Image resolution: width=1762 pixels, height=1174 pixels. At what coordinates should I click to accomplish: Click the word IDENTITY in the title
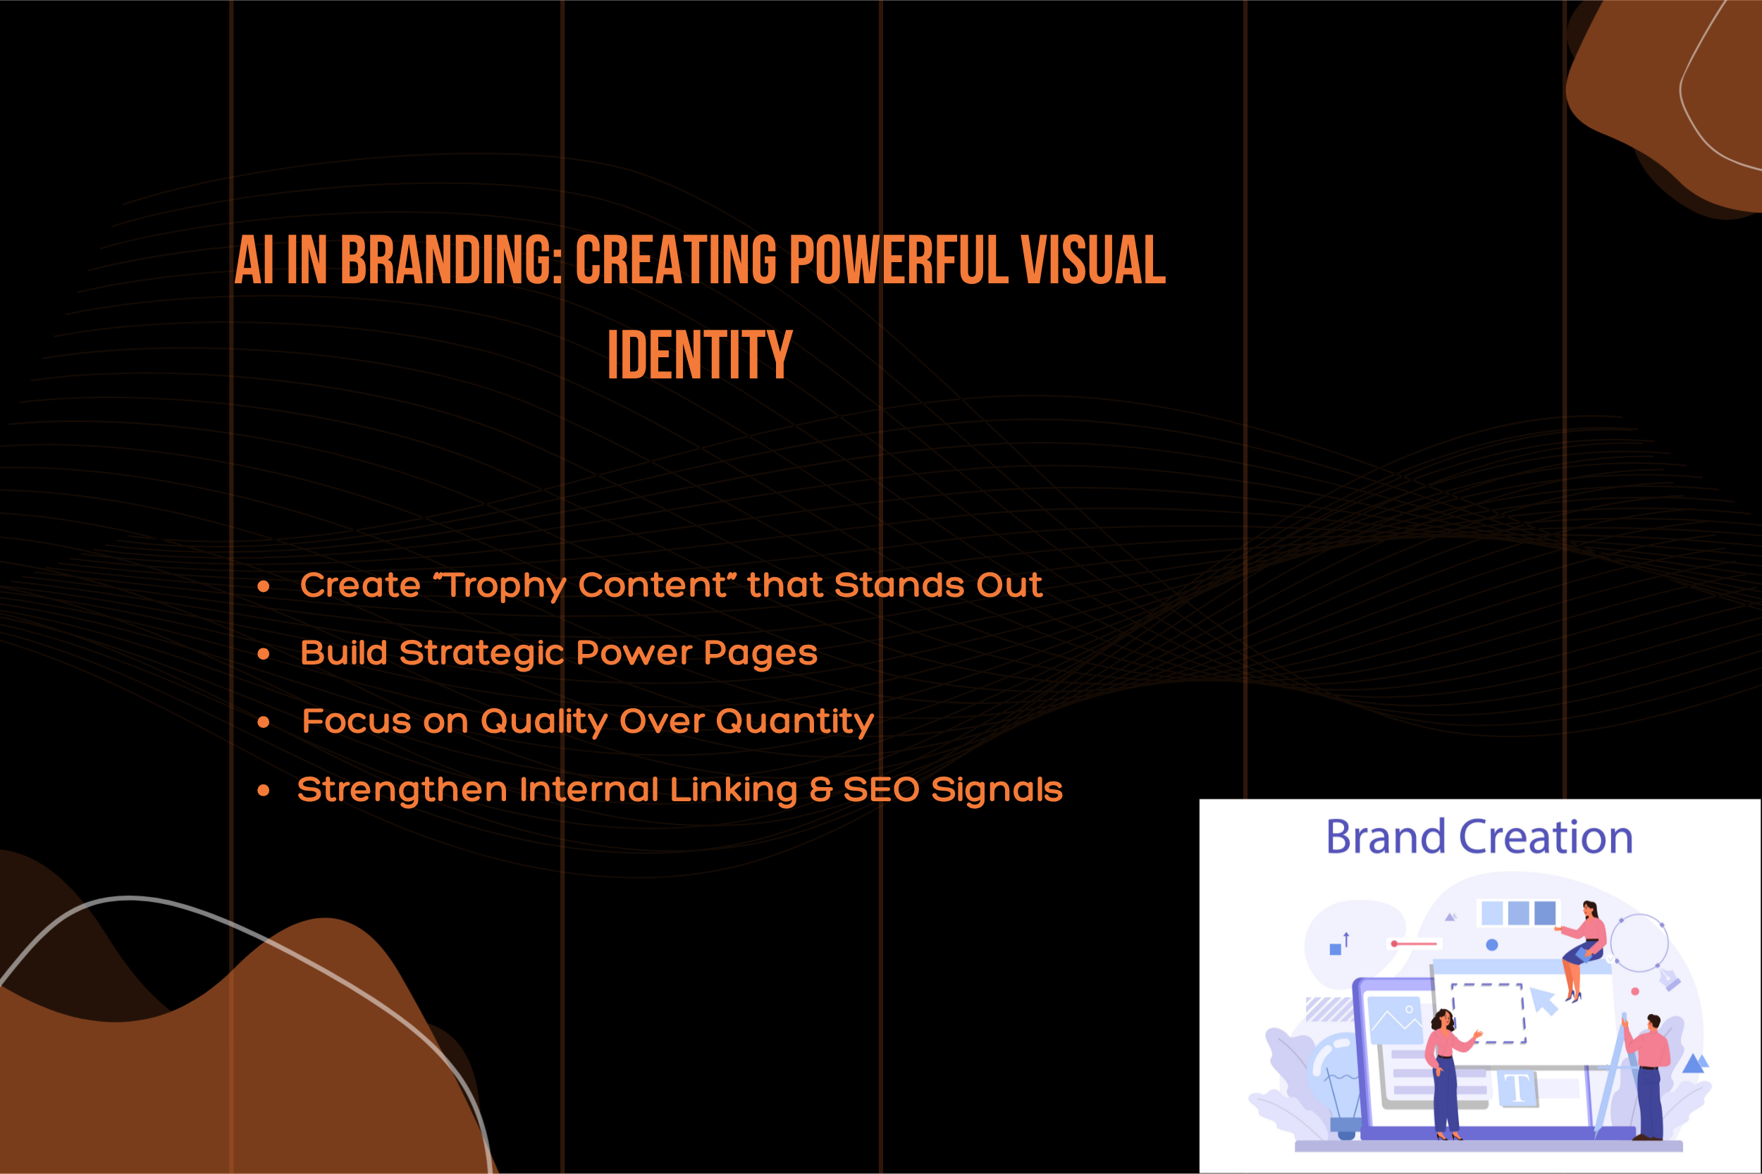(699, 354)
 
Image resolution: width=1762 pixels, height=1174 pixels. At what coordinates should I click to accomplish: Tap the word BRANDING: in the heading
(452, 259)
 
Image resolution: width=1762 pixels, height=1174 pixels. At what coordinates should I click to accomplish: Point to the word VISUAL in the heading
(1093, 259)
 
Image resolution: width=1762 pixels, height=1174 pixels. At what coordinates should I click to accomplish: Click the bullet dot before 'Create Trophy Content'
(263, 586)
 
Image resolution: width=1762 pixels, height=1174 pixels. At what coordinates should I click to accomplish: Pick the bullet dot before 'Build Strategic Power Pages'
(263, 654)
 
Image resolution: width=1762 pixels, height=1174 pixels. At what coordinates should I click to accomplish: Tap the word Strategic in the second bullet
(481, 653)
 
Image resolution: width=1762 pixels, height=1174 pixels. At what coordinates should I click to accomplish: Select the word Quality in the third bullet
(543, 721)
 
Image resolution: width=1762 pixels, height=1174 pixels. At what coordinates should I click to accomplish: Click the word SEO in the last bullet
(880, 789)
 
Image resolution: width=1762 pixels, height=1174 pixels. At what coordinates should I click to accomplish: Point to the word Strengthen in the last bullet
(402, 789)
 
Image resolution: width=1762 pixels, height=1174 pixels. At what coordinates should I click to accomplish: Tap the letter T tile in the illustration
(1517, 1088)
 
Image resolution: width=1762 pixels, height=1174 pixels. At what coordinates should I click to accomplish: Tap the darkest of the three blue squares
(1545, 913)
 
